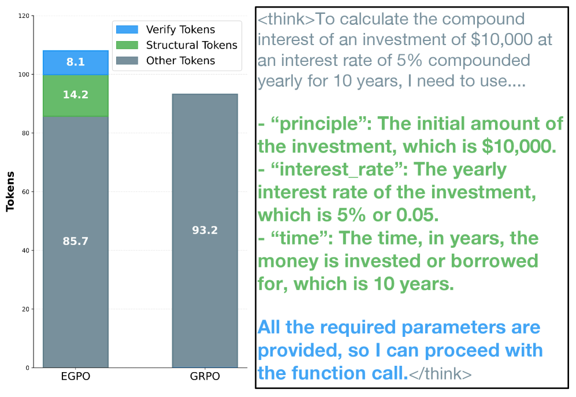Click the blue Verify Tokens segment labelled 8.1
pyautogui.click(x=76, y=62)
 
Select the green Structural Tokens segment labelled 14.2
pyautogui.click(x=76, y=95)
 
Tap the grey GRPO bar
pyautogui.click(x=205, y=231)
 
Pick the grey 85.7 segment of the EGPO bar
pyautogui.click(x=76, y=242)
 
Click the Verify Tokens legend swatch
pyautogui.click(x=127, y=29)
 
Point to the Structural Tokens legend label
pyautogui.click(x=192, y=45)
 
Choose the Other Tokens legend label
pyautogui.click(x=181, y=61)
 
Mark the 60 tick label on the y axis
pyautogui.click(x=26, y=191)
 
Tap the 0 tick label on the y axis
pyautogui.click(x=28, y=368)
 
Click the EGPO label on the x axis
pyautogui.click(x=76, y=376)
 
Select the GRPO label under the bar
pyautogui.click(x=205, y=376)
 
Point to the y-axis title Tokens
pyautogui.click(x=10, y=191)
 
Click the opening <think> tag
pyautogui.click(x=287, y=19)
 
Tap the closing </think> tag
pyautogui.click(x=440, y=373)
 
